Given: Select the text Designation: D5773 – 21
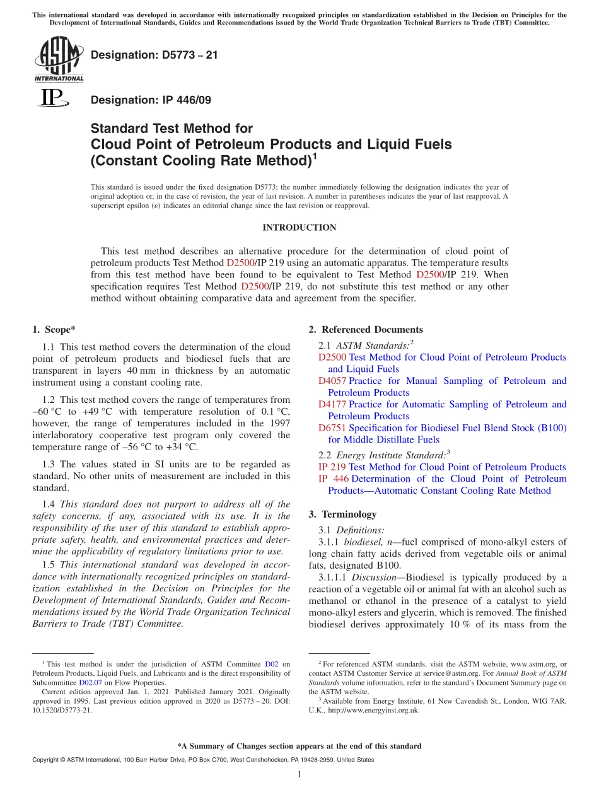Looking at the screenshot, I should click(154, 55).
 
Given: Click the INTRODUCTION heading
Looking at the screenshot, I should click(299, 228).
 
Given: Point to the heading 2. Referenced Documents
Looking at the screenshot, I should click(366, 329).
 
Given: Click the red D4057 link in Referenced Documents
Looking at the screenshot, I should click(332, 381).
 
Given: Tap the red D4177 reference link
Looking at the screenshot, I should click(332, 404).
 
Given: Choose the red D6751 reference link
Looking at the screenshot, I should click(332, 428).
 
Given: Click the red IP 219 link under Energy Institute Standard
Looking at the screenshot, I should click(332, 467).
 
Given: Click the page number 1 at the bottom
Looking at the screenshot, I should click(299, 774).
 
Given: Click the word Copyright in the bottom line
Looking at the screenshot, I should click(44, 760).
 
